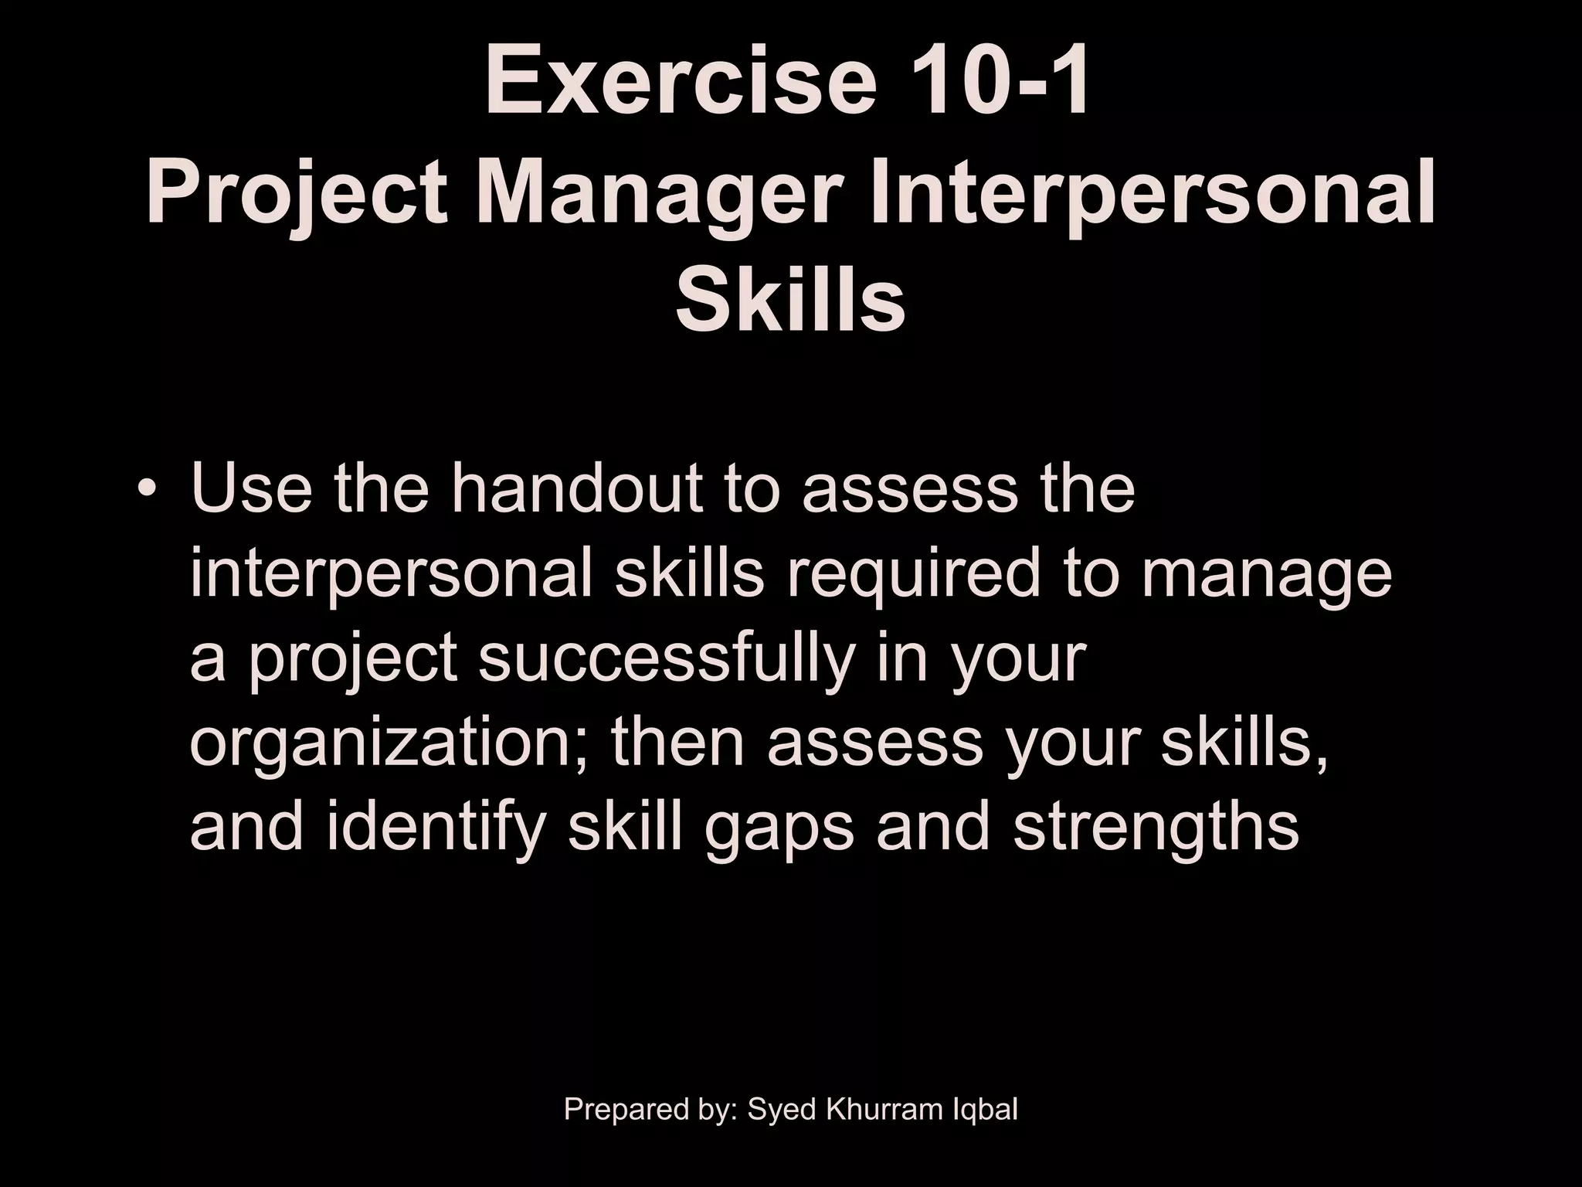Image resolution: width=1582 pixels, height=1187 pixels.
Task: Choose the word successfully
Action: click(667, 658)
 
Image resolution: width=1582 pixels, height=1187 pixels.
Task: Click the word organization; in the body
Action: click(391, 743)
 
